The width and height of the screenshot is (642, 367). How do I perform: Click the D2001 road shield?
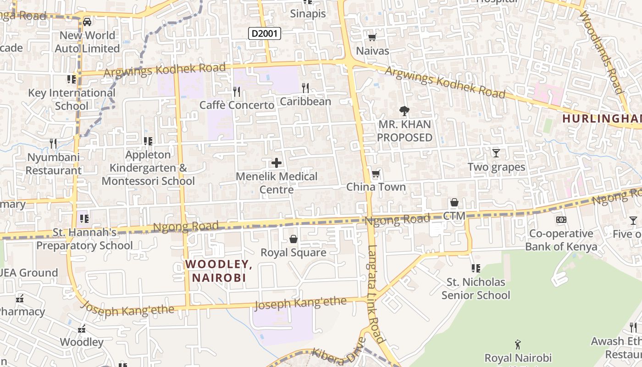[265, 33]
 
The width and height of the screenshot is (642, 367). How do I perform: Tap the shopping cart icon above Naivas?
[372, 37]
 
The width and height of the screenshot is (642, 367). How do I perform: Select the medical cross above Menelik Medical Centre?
[277, 162]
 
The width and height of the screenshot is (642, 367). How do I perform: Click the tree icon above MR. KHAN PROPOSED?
[404, 110]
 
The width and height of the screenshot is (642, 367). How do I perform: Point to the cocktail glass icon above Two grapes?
[496, 153]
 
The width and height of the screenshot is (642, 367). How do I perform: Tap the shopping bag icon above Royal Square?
[293, 239]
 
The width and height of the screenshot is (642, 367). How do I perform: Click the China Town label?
[376, 187]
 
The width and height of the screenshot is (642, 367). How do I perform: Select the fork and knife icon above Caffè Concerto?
[237, 92]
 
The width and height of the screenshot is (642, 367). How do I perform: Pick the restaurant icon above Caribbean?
[305, 88]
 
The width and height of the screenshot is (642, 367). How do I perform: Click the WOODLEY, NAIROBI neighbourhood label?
[219, 271]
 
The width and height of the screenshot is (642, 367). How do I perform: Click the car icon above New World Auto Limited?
[87, 22]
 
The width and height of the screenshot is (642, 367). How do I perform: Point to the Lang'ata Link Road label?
[375, 294]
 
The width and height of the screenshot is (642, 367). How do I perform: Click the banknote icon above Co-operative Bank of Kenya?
[561, 220]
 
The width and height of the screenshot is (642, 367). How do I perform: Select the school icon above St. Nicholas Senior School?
[476, 268]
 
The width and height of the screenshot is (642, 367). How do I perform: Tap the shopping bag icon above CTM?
[454, 202]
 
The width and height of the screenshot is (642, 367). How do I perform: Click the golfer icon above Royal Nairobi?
[518, 344]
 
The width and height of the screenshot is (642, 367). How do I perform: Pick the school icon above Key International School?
[72, 79]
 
